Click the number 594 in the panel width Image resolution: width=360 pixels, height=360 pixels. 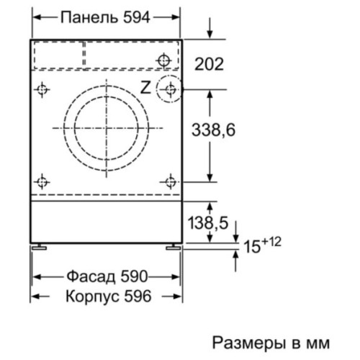pos(137,17)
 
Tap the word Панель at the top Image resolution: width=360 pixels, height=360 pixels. pos(89,17)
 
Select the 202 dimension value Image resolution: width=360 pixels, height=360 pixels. pos(209,64)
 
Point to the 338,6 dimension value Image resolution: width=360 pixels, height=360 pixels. pos(213,130)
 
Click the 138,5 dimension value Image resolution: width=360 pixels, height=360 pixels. pos(208,222)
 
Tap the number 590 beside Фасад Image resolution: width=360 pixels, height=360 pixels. pos(134,276)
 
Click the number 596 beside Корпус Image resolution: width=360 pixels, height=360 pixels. pos(138,296)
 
